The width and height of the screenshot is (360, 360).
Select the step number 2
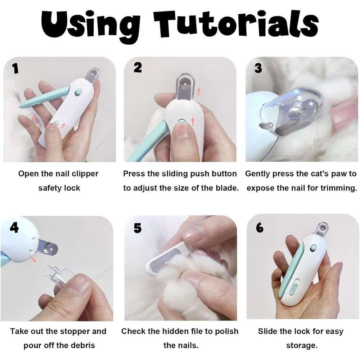[138, 68]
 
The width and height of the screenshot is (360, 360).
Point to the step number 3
[258, 68]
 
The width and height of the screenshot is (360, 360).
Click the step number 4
[14, 228]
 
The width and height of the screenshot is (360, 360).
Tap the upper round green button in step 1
[77, 93]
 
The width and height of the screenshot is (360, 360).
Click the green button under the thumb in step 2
[182, 123]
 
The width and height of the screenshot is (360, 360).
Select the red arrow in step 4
[33, 259]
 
